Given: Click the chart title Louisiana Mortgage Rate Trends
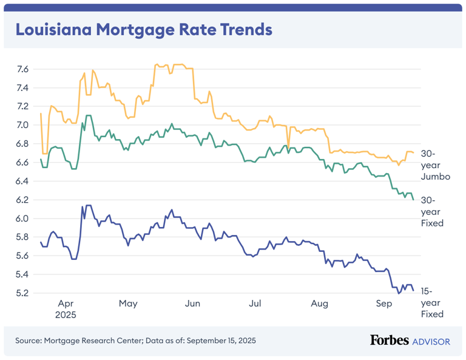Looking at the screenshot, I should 144,30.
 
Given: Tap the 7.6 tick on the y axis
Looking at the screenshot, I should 22,69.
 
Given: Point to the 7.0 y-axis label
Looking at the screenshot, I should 22,125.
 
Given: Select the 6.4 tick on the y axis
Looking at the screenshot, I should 22,181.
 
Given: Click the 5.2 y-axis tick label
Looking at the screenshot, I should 22,293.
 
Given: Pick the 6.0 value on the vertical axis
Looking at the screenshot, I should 22,219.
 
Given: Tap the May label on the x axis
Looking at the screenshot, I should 128,303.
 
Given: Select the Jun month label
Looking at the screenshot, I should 192,303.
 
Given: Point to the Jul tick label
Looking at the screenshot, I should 255,303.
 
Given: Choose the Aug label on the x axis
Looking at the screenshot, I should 319,303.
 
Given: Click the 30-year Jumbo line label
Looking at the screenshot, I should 435,165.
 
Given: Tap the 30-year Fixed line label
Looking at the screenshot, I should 432,211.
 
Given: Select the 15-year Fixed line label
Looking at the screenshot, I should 432,302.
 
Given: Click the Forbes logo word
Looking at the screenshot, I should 389,341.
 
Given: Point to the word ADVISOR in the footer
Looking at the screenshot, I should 431,341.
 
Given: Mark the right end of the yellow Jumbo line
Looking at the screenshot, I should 414,152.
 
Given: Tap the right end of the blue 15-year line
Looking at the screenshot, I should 414,291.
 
